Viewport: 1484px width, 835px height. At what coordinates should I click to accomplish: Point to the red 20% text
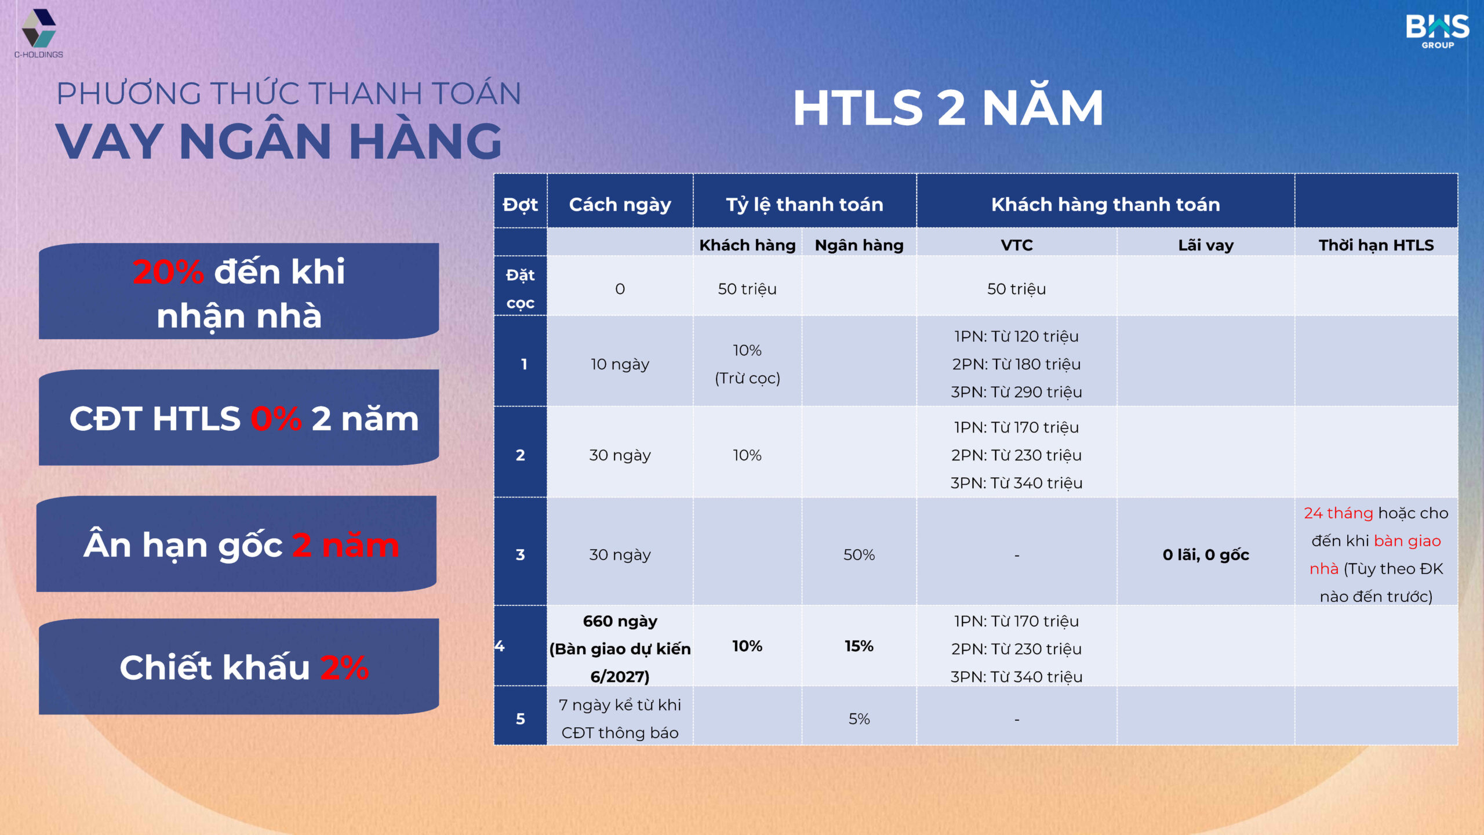168,271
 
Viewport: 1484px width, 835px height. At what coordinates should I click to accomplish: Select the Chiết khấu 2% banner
239,666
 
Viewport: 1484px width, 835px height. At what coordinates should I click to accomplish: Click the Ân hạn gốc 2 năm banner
237,544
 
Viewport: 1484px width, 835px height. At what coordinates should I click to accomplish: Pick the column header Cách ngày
620,204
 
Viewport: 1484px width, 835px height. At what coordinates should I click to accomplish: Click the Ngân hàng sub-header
859,245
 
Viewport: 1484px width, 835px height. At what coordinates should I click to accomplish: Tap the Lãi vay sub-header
1206,245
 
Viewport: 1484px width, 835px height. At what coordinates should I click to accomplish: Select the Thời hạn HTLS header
1376,245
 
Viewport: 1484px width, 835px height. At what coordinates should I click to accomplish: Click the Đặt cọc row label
520,288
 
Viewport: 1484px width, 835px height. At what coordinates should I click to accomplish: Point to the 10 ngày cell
620,364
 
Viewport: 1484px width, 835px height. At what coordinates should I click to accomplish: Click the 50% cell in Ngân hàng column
859,554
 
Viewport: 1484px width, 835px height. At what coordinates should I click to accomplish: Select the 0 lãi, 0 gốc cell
1206,554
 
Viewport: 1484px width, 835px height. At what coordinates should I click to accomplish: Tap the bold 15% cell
859,646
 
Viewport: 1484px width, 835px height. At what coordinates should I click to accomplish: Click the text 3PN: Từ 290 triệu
1016,391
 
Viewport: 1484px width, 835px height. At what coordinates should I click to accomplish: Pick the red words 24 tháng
1338,513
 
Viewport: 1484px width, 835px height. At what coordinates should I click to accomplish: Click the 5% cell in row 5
859,718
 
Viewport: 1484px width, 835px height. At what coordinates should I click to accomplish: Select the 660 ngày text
620,621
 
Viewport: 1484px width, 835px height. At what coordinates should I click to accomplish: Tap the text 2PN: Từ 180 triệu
1016,364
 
